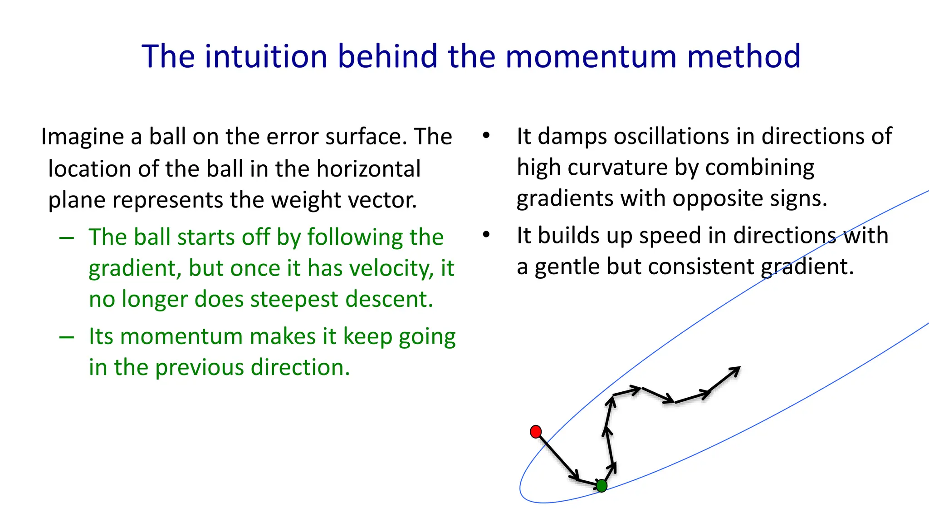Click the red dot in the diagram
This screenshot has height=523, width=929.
point(536,431)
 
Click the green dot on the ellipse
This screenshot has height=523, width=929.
point(601,486)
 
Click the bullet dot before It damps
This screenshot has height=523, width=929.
point(486,135)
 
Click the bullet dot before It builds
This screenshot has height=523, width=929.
point(486,235)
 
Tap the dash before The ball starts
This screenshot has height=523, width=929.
point(67,238)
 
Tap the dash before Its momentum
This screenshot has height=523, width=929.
point(67,337)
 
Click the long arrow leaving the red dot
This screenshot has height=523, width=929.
point(557,456)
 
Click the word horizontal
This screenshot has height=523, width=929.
point(368,168)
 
